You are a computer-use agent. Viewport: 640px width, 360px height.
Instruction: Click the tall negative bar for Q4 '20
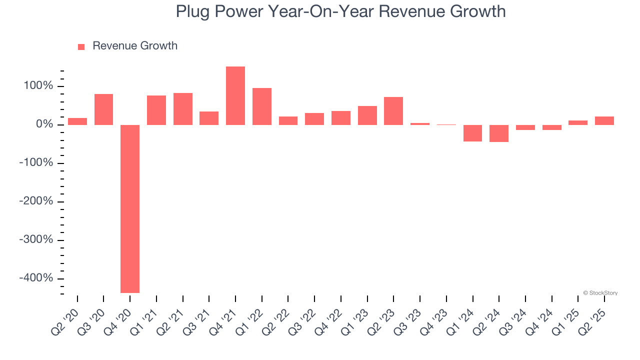[130, 208]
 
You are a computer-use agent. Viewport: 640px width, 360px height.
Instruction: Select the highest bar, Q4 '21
[235, 95]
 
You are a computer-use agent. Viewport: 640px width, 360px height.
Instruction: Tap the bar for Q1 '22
[262, 106]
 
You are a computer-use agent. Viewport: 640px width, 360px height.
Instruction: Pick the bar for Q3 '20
[103, 109]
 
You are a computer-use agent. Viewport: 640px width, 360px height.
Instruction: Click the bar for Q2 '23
[393, 111]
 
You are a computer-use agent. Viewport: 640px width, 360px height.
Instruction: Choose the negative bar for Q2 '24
[499, 133]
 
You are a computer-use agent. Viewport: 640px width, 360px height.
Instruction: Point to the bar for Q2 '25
[604, 120]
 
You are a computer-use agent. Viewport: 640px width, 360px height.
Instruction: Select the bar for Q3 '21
[209, 118]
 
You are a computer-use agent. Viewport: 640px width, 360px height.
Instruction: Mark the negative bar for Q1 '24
[472, 133]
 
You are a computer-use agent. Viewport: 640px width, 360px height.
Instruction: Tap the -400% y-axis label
[36, 278]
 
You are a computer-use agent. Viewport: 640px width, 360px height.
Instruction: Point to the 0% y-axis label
[44, 124]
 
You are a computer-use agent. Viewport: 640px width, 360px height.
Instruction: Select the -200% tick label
[36, 201]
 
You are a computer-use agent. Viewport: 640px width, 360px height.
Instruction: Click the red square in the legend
[81, 47]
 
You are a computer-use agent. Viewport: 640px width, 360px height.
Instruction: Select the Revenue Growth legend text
[135, 46]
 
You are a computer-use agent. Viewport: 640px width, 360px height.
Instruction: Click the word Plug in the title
[193, 11]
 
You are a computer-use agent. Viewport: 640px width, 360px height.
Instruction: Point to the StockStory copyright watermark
[600, 293]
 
